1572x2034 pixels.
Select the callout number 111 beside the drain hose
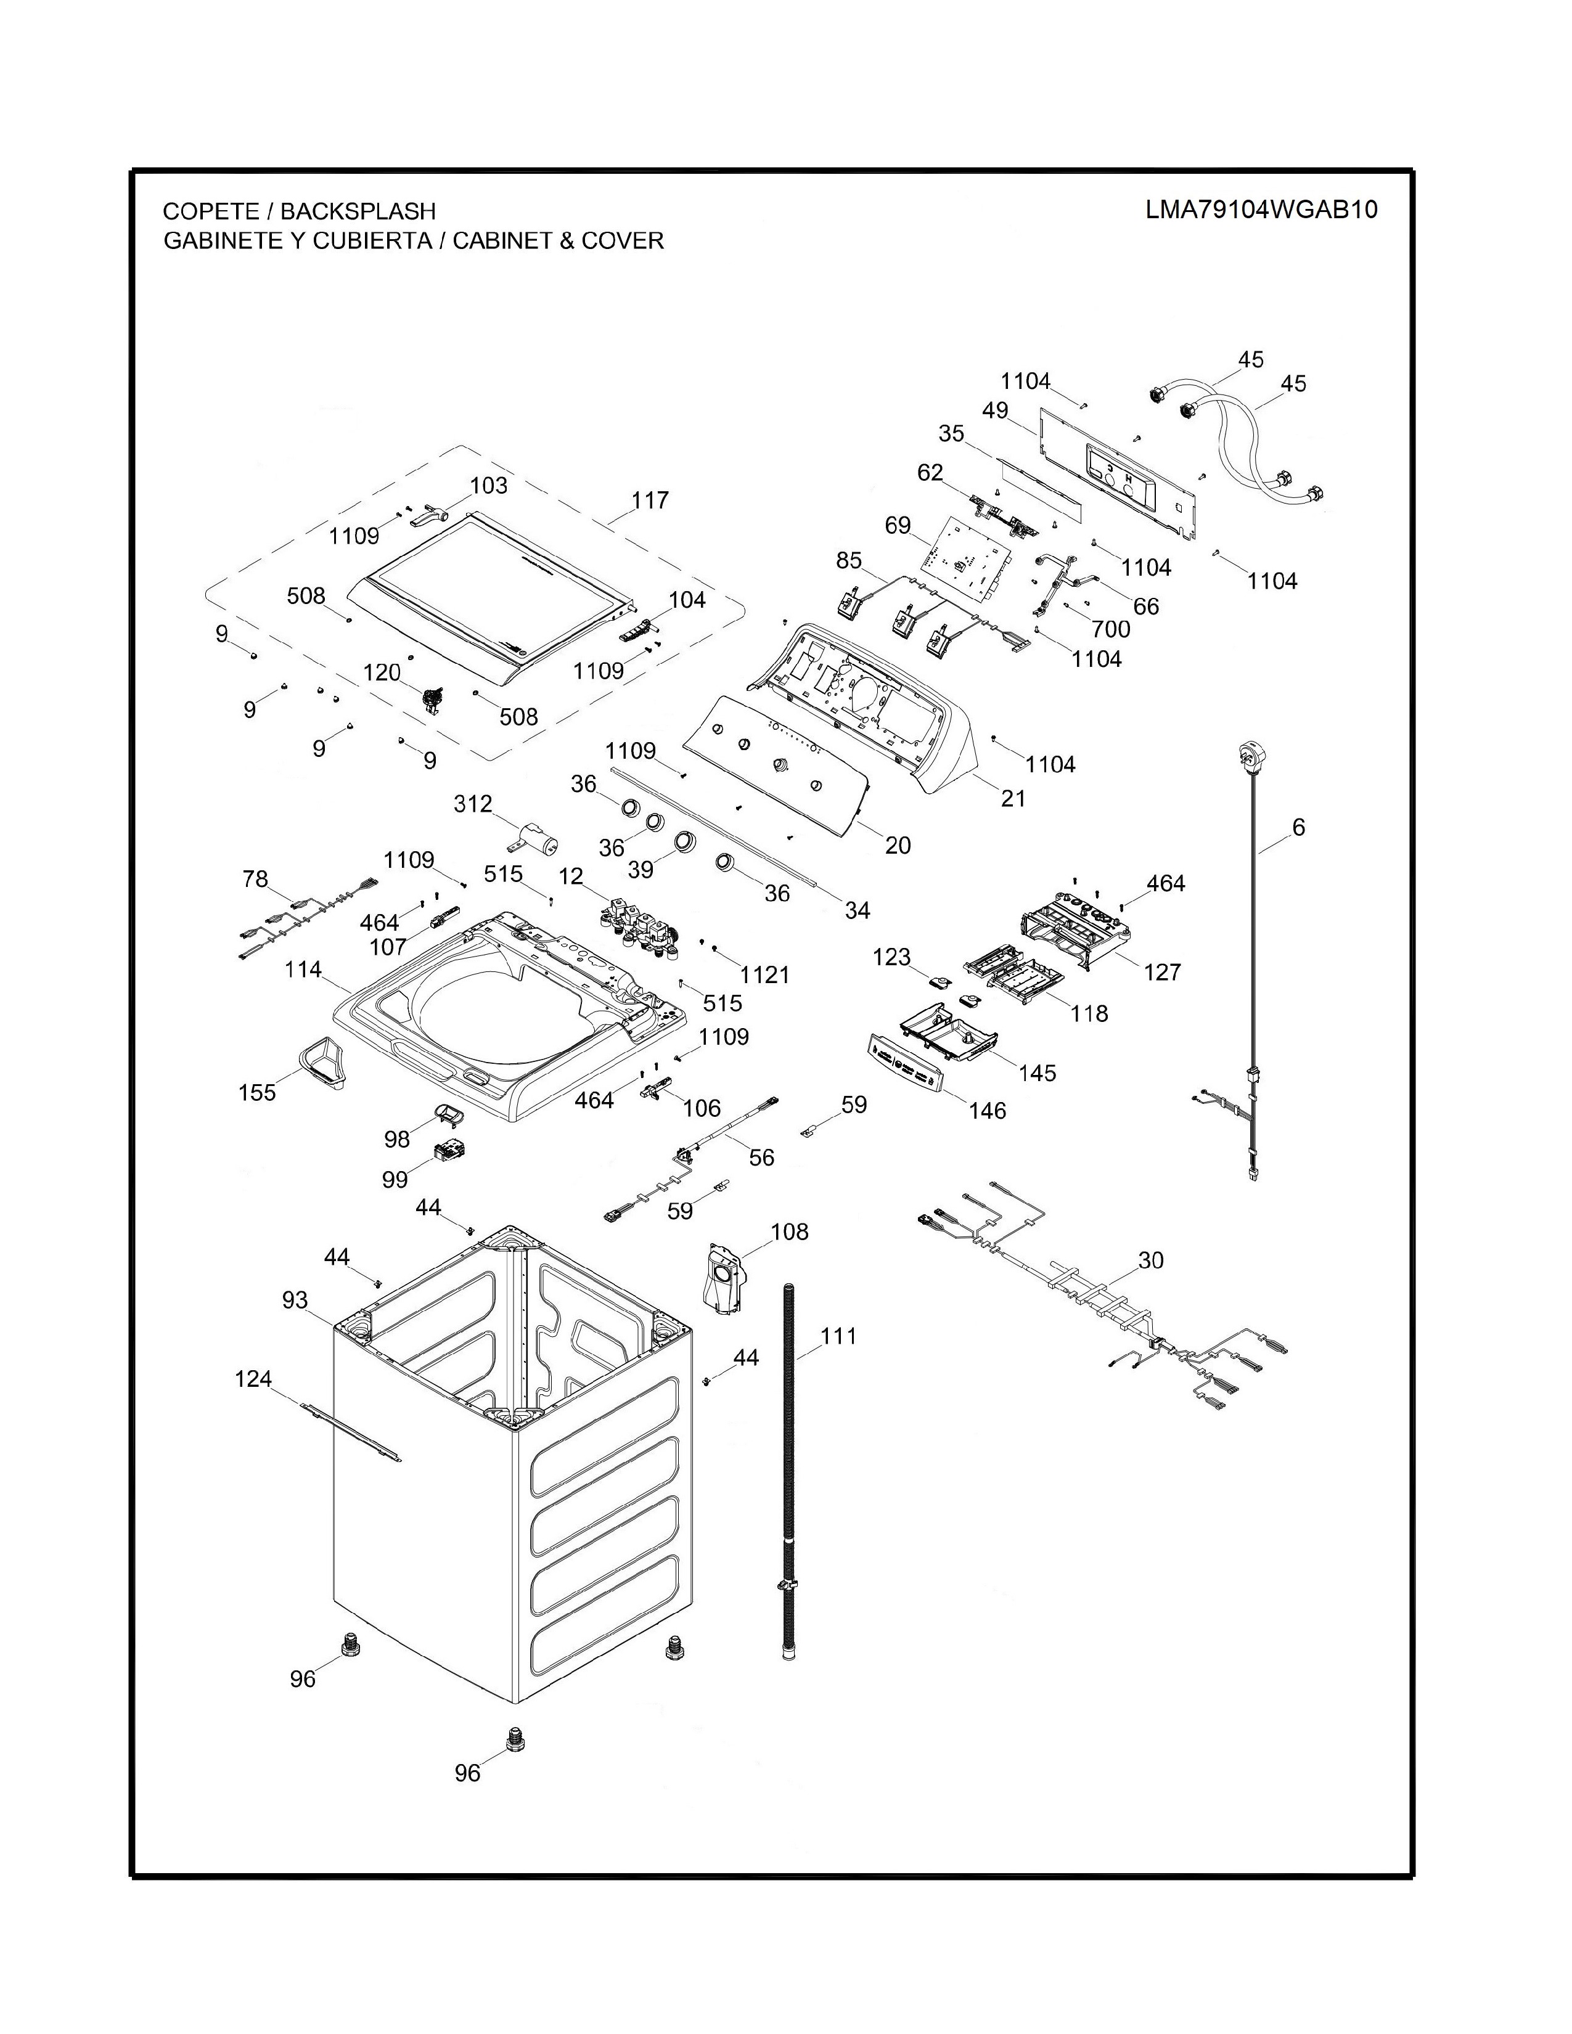point(838,1336)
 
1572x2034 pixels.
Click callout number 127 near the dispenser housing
point(1161,972)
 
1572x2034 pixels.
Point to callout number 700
point(1110,629)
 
